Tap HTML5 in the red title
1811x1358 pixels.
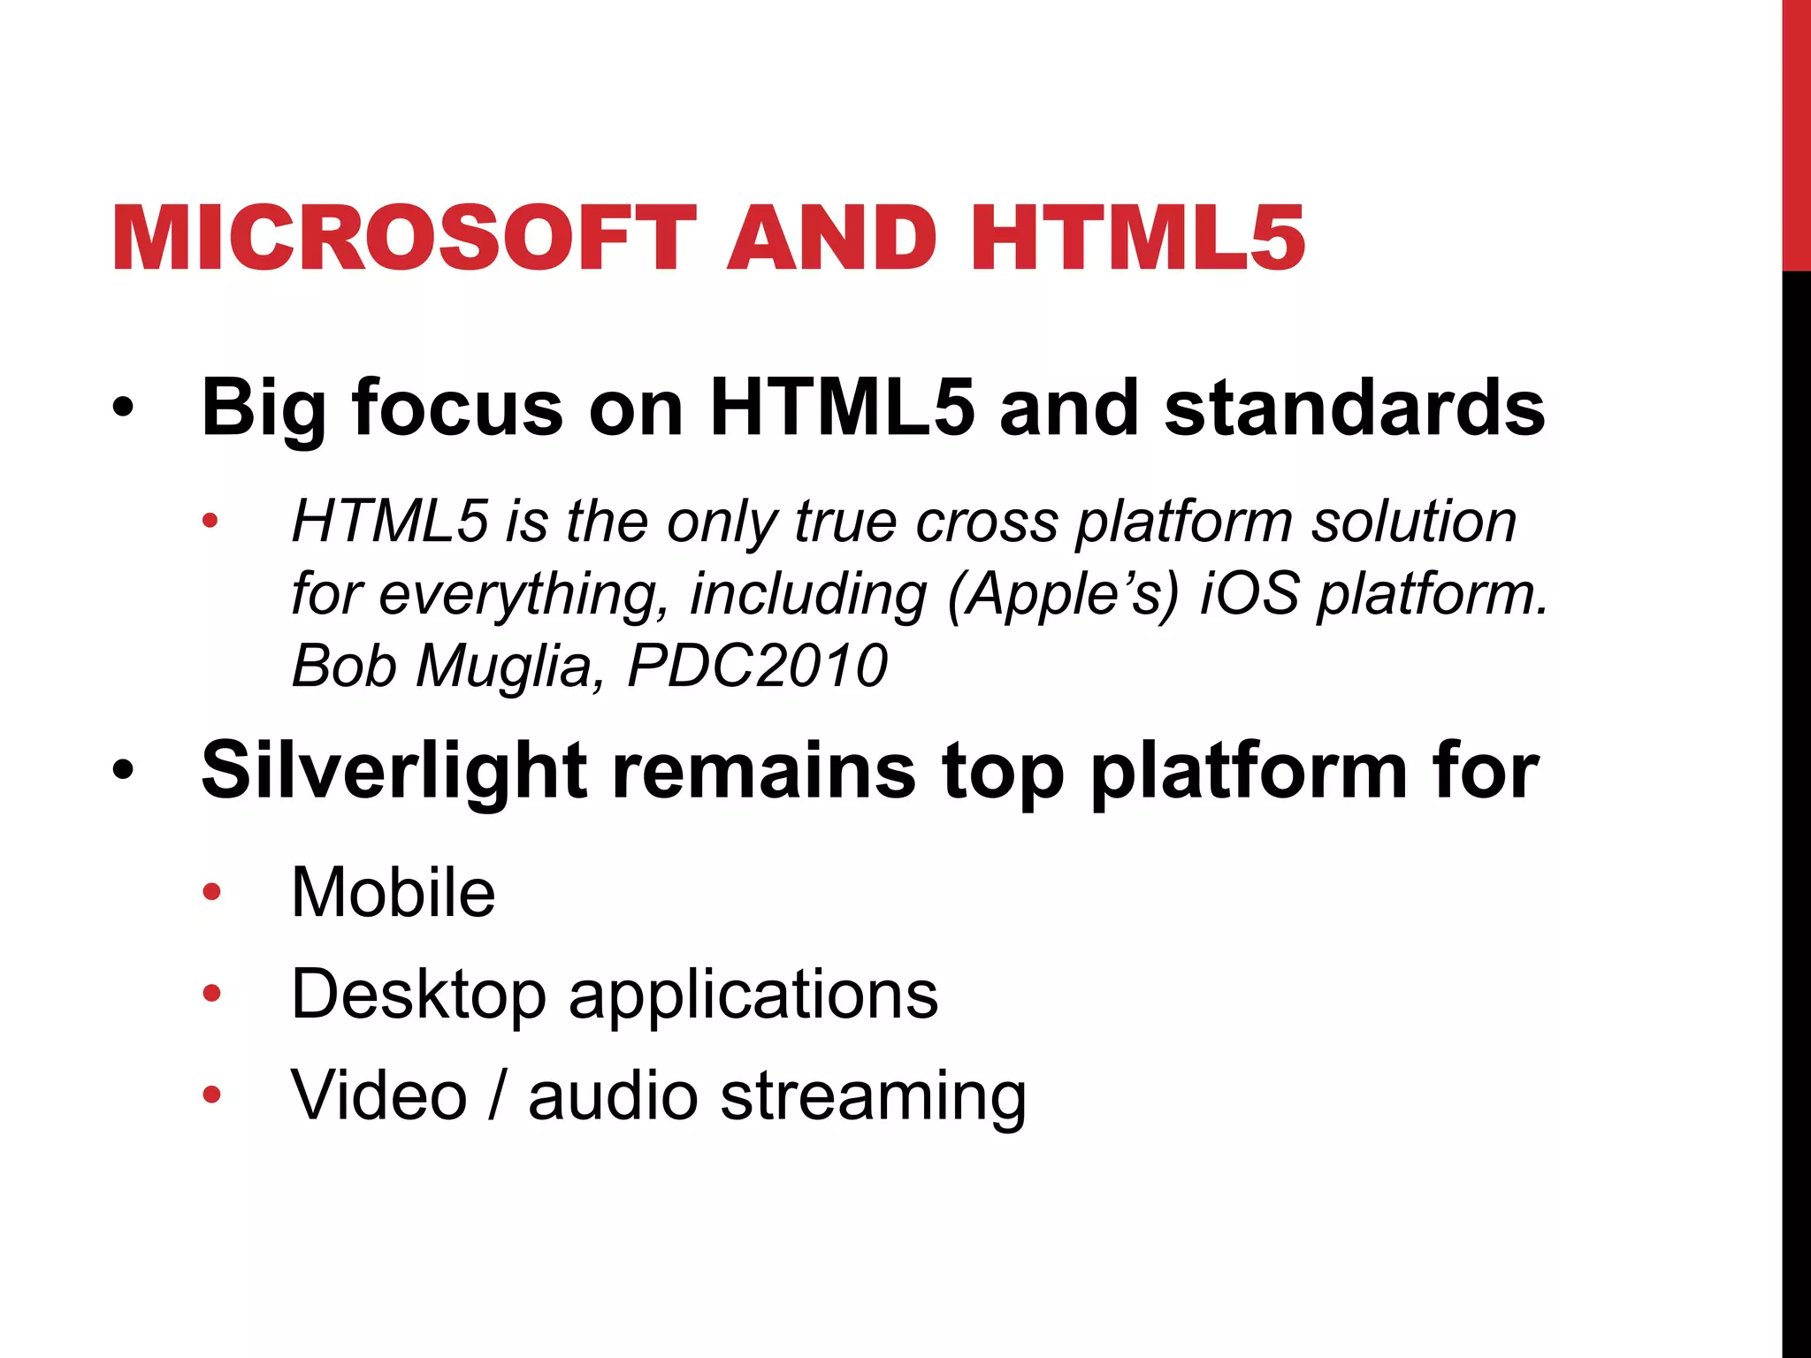coord(1137,239)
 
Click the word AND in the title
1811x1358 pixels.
coord(831,239)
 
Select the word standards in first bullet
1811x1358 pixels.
coord(1354,408)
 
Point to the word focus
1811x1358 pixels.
coord(457,408)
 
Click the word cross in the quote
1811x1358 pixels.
coord(986,522)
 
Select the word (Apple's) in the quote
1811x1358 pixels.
coord(1063,594)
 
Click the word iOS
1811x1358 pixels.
coord(1249,593)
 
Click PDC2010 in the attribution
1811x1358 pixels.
coord(757,666)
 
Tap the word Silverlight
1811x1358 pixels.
coord(394,771)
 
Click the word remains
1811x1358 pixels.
coord(763,771)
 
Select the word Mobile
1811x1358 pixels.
coord(394,893)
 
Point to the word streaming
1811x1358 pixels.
coord(874,1097)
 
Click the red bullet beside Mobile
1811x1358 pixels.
coord(211,892)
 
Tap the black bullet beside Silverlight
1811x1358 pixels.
coord(123,770)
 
